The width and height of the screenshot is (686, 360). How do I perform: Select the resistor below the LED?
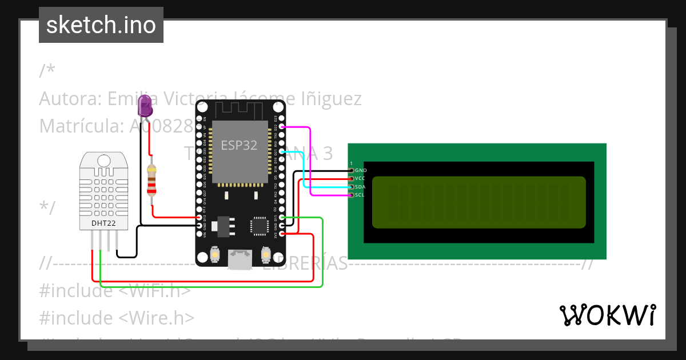tap(151, 180)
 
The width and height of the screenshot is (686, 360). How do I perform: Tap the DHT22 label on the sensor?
tap(103, 223)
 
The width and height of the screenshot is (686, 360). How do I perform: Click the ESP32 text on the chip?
tap(239, 145)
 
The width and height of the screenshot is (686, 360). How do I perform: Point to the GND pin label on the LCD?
tap(361, 170)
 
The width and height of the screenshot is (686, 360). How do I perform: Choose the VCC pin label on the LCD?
tap(360, 179)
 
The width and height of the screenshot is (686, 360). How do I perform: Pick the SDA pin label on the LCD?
tap(360, 187)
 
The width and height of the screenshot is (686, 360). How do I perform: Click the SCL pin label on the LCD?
tap(360, 195)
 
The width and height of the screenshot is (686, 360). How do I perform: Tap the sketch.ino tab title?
tap(101, 25)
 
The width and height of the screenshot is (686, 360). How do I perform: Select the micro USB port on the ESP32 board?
tap(240, 259)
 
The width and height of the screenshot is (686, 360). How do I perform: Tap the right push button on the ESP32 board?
tap(265, 254)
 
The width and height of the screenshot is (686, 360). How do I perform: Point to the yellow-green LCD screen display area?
tap(479, 202)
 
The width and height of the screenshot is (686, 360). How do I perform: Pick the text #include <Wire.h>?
tap(117, 318)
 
